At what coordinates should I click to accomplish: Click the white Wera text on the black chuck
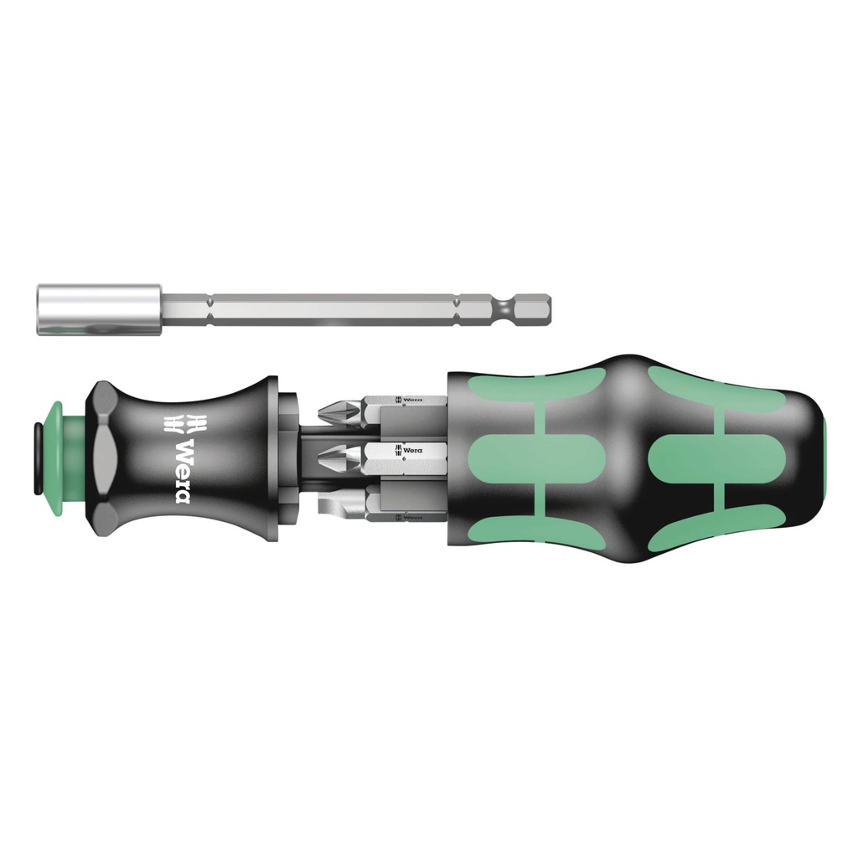[181, 471]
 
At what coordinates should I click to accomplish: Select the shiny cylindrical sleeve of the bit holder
[99, 311]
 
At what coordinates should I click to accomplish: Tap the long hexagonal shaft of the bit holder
[335, 310]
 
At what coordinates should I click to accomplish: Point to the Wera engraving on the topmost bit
[411, 401]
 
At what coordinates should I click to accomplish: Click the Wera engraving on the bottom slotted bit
[411, 517]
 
